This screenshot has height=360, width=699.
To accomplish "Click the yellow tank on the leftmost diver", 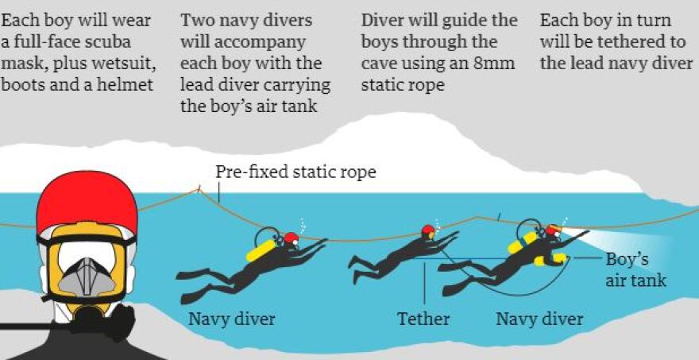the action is pyautogui.click(x=264, y=250).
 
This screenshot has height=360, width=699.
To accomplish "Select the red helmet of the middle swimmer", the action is pyautogui.click(x=427, y=230).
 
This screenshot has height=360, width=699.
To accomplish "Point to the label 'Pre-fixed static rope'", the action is pyautogui.click(x=295, y=172).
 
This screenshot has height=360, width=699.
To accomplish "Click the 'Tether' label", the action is pyautogui.click(x=423, y=319).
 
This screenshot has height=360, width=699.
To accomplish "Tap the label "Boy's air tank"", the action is pyautogui.click(x=635, y=270).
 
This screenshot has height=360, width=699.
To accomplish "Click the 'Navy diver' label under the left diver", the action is pyautogui.click(x=231, y=319).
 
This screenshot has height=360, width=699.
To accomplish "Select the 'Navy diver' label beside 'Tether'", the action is pyautogui.click(x=539, y=319).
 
